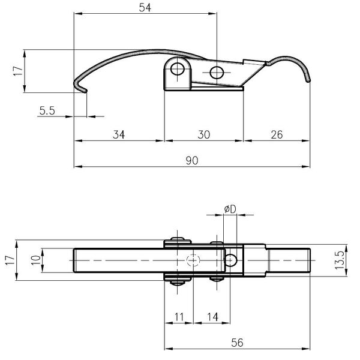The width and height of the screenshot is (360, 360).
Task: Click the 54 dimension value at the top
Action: [145, 8]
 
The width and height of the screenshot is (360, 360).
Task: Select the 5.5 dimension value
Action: [47, 110]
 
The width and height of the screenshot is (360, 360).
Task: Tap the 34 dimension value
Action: [119, 134]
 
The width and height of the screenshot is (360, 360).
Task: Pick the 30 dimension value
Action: [203, 134]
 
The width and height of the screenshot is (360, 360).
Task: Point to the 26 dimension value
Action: [277, 134]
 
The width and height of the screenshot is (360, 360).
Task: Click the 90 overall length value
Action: [192, 160]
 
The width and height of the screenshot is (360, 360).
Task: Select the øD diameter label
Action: [230, 209]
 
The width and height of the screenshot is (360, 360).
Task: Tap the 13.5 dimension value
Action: [340, 260]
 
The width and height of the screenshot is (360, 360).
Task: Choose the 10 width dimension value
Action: [36, 260]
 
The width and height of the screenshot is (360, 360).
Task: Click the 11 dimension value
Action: [179, 317]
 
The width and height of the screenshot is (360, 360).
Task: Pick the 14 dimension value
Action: [212, 317]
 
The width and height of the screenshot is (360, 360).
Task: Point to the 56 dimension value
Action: [237, 343]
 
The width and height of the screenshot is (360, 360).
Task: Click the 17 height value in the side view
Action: [19, 71]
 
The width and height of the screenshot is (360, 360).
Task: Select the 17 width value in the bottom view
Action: [10, 260]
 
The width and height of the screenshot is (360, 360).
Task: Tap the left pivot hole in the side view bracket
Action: [178, 68]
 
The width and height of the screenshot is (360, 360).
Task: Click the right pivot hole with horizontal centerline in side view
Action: [217, 73]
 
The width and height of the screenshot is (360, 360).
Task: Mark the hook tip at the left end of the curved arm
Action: [86, 91]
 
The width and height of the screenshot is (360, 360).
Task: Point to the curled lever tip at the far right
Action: [308, 80]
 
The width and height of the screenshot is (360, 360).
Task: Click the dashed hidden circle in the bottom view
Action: [193, 260]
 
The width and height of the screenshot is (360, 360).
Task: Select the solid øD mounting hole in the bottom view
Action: [230, 260]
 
